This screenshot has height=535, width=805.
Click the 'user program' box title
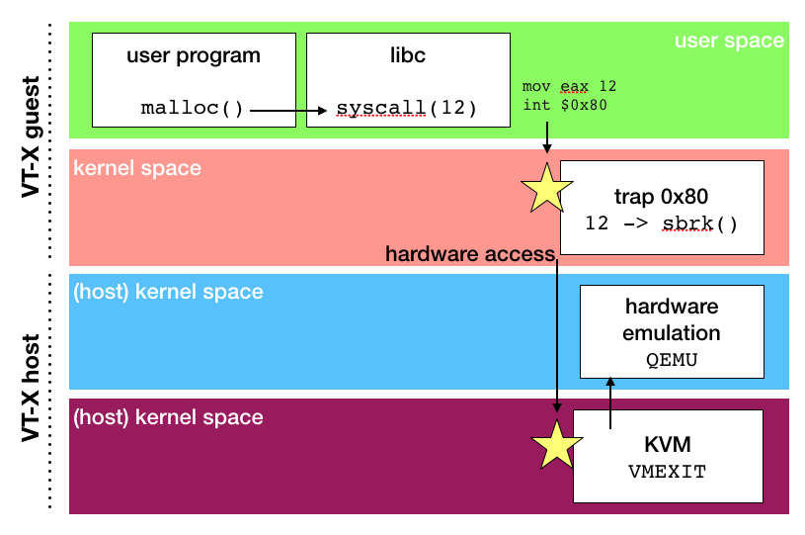click(x=194, y=55)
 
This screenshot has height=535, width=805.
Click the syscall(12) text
click(x=406, y=108)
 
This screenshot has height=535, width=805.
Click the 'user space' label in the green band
click(x=729, y=41)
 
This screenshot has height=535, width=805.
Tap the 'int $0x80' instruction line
click(x=562, y=104)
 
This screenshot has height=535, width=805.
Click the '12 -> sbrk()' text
click(x=661, y=223)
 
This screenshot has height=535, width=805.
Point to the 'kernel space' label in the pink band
click(x=137, y=168)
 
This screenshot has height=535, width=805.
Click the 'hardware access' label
click(x=470, y=255)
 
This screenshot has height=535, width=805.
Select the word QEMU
click(x=672, y=360)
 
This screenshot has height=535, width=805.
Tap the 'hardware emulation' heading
click(x=672, y=320)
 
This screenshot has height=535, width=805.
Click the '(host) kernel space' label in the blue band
click(x=168, y=293)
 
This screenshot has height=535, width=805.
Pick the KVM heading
click(x=667, y=444)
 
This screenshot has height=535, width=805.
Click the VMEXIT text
click(x=667, y=472)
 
